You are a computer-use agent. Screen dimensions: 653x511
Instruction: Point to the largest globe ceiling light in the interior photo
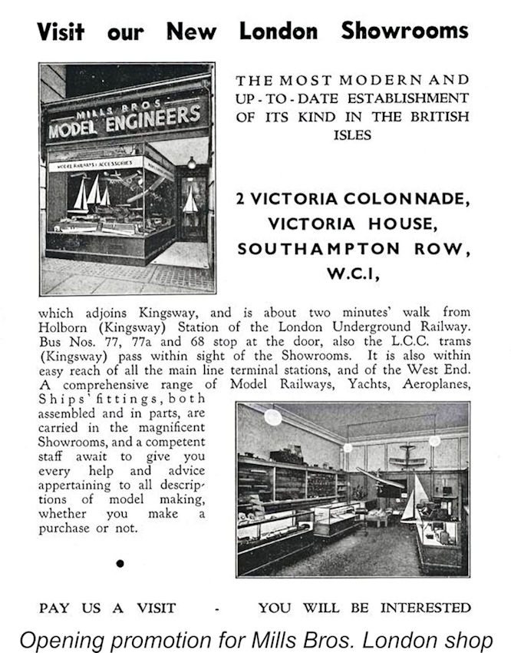[272, 417]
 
